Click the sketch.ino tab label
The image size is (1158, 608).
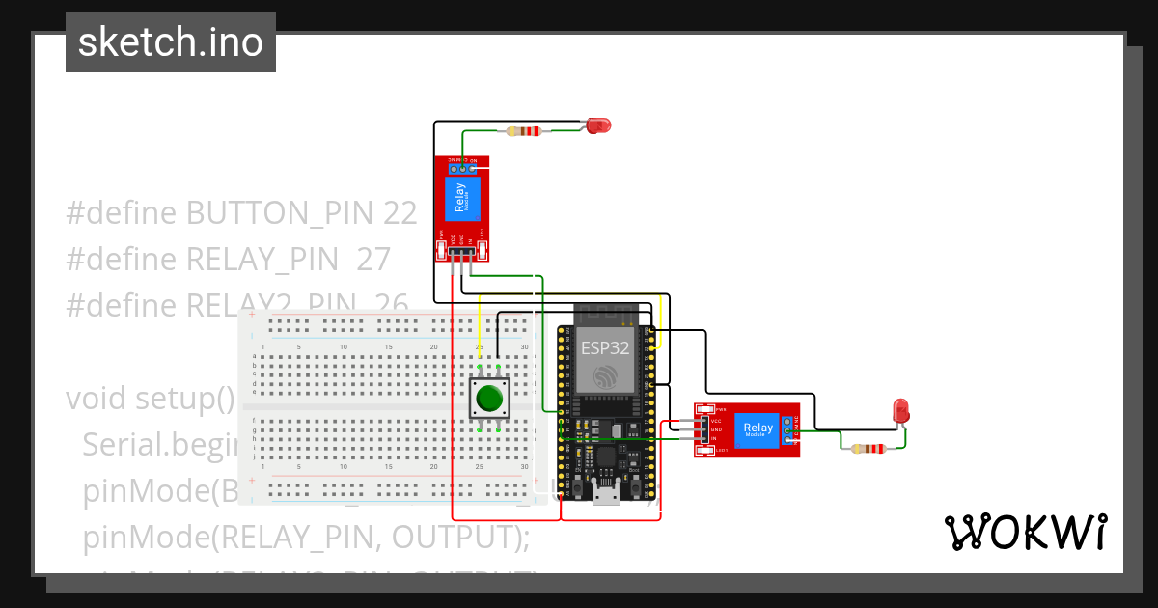(x=171, y=42)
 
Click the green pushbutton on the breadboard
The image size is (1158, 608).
(x=489, y=398)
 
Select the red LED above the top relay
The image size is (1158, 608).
(x=599, y=124)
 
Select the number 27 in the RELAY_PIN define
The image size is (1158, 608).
(x=372, y=260)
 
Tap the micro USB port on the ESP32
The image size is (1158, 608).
(x=607, y=496)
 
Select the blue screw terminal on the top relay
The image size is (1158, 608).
(x=463, y=168)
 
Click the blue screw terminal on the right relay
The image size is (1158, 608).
(x=789, y=431)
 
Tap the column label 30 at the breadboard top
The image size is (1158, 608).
(x=524, y=346)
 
